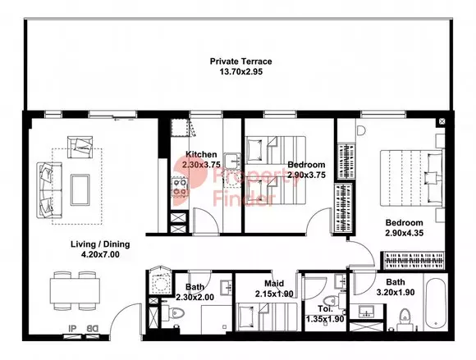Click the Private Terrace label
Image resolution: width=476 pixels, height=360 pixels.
coord(240,62)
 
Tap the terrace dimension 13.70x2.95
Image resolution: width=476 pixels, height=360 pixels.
coord(240,72)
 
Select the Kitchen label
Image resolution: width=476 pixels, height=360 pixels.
coord(201,154)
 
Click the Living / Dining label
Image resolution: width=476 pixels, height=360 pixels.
coord(100,244)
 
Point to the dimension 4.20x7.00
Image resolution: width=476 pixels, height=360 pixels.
coord(100,255)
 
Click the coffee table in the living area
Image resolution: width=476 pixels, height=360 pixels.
coord(80,190)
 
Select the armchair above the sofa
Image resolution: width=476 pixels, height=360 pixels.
coord(80,147)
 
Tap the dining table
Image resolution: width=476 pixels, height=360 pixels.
coord(75,290)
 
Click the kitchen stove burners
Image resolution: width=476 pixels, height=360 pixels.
coord(179,187)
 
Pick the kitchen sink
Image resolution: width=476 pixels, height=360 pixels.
coord(233,161)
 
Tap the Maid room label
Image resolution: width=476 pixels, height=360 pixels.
coord(274,284)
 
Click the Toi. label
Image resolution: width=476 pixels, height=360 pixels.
coord(326,309)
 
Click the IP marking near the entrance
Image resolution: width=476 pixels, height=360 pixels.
coord(72,329)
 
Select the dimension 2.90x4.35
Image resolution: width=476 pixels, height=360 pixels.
coord(405,233)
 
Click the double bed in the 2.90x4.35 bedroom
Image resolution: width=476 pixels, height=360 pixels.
coord(411,178)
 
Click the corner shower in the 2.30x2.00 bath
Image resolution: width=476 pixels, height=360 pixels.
coord(158,281)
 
